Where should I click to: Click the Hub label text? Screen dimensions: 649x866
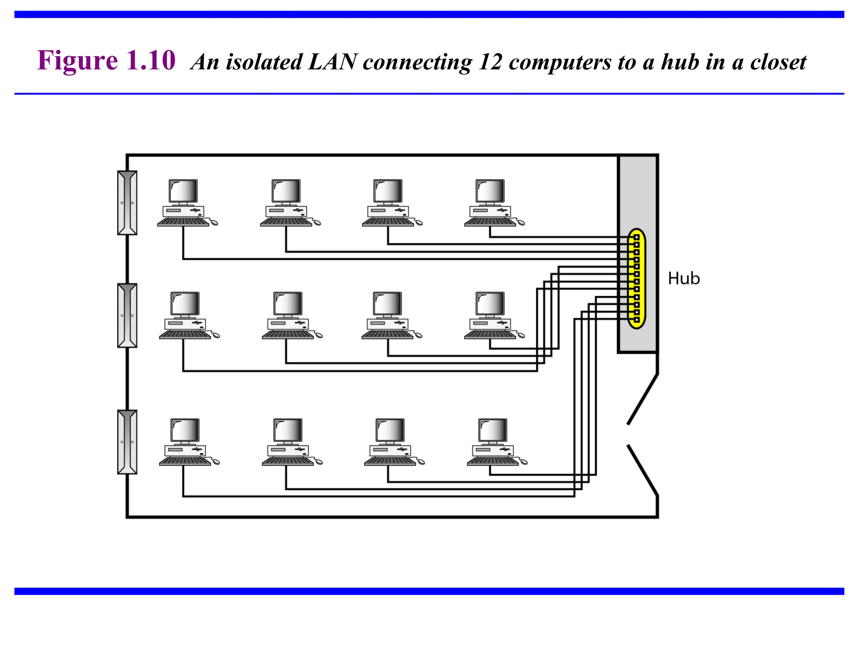pyautogui.click(x=683, y=279)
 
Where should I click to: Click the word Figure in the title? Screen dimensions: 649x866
pyautogui.click(x=77, y=60)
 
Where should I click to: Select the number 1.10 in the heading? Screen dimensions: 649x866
pyautogui.click(x=151, y=60)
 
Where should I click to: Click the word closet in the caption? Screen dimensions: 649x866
pyautogui.click(x=778, y=62)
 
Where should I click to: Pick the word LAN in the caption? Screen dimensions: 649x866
pyautogui.click(x=333, y=62)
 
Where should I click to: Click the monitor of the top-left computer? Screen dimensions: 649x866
pyautogui.click(x=183, y=191)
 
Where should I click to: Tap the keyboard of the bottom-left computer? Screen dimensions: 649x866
pyautogui.click(x=185, y=461)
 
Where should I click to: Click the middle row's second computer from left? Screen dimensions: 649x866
pyautogui.click(x=288, y=315)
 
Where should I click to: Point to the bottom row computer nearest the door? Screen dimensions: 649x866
pyautogui.click(x=493, y=442)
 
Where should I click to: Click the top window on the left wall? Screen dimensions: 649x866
pyautogui.click(x=127, y=203)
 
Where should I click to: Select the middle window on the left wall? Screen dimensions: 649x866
pyautogui.click(x=127, y=315)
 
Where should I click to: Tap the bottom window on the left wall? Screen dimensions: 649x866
pyautogui.click(x=127, y=442)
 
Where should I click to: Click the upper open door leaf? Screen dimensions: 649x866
pyautogui.click(x=643, y=399)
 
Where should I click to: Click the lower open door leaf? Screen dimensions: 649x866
pyautogui.click(x=643, y=470)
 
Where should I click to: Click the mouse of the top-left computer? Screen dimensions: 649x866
pyautogui.click(x=214, y=223)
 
